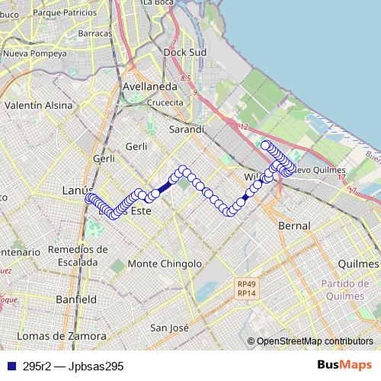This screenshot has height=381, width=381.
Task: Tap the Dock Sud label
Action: coord(185,53)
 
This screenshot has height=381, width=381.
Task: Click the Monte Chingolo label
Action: coord(165,264)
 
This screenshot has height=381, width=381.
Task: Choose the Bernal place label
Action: coord(294,226)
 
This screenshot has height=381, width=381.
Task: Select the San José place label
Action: coord(168,328)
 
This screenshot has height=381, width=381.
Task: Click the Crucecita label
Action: coord(165,102)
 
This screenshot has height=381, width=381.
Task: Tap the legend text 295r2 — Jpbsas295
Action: coord(72,367)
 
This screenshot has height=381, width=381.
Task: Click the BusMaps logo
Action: coord(343,365)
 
